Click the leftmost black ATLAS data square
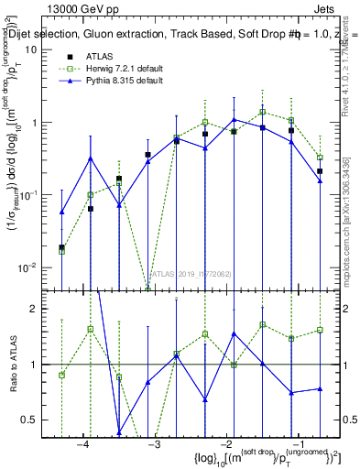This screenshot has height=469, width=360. [x=61, y=247]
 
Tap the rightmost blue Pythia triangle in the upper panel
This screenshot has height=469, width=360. [x=320, y=180]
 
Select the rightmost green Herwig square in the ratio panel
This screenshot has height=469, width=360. [x=320, y=330]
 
